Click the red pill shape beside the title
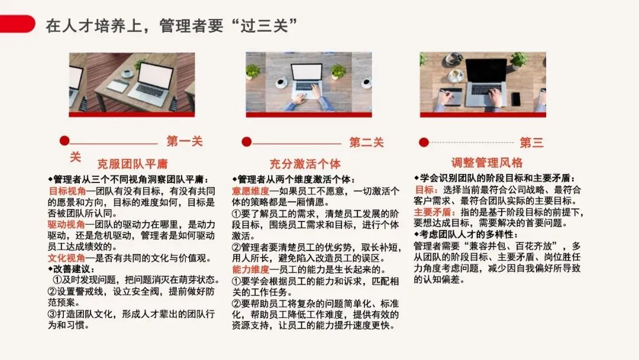(x=17, y=23)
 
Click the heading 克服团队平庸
(x=133, y=164)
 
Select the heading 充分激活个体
(x=305, y=164)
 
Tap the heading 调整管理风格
(x=487, y=163)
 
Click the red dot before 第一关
(x=64, y=141)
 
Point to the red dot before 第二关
(x=247, y=142)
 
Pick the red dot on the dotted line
(x=424, y=142)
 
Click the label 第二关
(x=366, y=142)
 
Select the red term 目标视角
(x=67, y=191)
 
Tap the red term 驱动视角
(x=66, y=224)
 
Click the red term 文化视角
(x=66, y=258)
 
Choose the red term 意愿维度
(x=251, y=191)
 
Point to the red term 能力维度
(x=251, y=269)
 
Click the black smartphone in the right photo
(x=516, y=99)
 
